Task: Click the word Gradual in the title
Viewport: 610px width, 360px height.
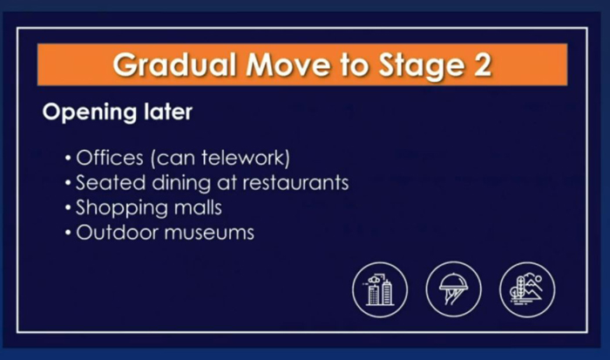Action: point(174,65)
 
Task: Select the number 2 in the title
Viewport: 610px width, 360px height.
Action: point(483,65)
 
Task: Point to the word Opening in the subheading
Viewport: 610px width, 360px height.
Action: point(90,113)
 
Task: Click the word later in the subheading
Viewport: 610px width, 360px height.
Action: point(168,112)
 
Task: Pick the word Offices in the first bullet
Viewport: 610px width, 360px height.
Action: point(110,158)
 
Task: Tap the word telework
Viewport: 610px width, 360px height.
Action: point(244,158)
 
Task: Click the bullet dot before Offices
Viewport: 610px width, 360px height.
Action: point(68,159)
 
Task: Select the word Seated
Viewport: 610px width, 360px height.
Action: point(111,182)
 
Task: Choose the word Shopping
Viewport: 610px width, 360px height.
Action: point(121,208)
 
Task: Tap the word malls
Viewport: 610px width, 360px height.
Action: point(198,207)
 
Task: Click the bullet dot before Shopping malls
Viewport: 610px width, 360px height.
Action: point(68,207)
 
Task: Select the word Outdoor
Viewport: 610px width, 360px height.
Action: point(117,233)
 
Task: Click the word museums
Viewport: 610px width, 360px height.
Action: point(209,233)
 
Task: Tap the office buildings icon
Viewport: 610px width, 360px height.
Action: point(380,289)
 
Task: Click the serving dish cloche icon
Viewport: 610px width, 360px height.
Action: point(453,289)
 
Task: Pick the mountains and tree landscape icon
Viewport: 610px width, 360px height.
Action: point(527,289)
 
